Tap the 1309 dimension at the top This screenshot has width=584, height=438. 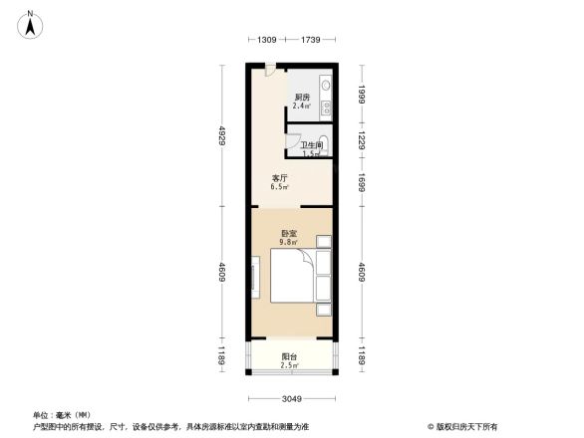click(264, 40)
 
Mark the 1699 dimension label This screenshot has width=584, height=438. click(364, 181)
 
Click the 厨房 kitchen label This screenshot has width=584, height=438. click(301, 97)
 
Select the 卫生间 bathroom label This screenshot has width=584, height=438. click(311, 145)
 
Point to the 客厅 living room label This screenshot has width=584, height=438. click(281, 179)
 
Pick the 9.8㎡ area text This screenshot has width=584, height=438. click(290, 240)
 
